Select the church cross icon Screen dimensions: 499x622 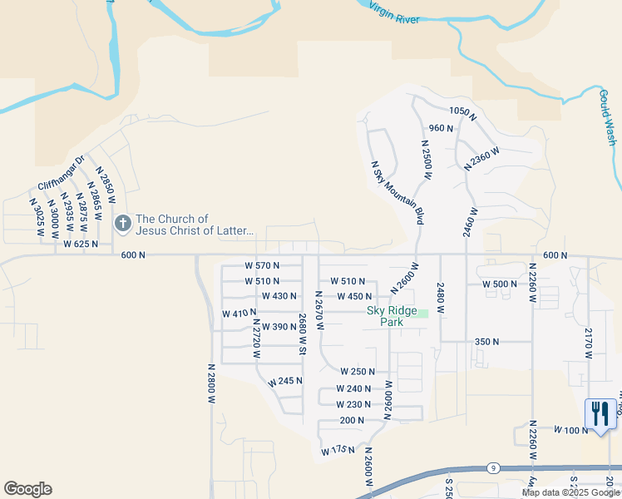tap(123, 223)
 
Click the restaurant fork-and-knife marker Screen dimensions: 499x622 tap(600, 413)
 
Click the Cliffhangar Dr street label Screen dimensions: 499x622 tap(62, 175)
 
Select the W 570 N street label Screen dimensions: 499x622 tap(263, 265)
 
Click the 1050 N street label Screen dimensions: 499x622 tap(462, 112)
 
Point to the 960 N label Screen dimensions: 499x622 tap(441, 128)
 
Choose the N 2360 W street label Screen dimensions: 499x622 tap(482, 159)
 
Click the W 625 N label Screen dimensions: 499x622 tap(81, 245)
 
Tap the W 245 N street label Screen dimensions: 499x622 tap(285, 381)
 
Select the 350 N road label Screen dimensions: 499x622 tap(486, 342)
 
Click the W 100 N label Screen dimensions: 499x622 tap(571, 430)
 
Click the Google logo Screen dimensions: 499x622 tap(27, 489)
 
